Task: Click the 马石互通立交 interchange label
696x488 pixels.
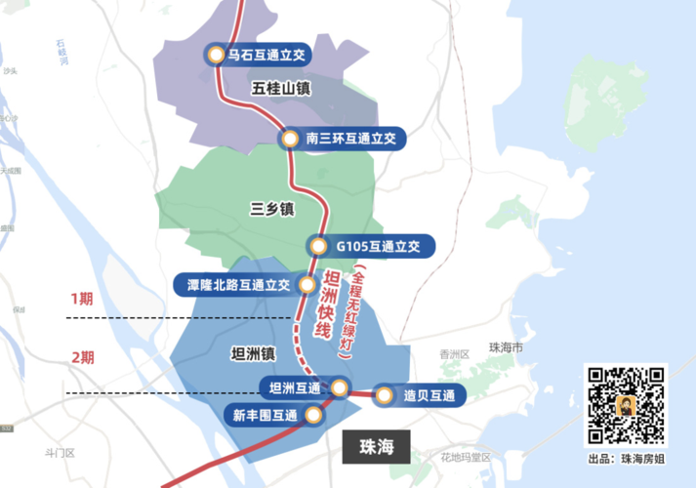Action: coord(267,56)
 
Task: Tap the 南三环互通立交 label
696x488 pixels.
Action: coord(349,140)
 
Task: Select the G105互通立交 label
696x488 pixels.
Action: coord(378,247)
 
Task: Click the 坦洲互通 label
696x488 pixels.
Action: coord(295,388)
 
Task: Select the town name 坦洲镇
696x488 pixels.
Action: coord(250,353)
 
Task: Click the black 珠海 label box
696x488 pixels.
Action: coord(376,448)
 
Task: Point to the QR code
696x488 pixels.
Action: coord(625,404)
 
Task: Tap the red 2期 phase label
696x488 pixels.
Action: coord(82,357)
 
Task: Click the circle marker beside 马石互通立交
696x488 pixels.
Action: coord(214,56)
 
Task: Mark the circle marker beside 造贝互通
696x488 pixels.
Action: coord(384,396)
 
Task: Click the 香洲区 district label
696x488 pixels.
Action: coord(455,354)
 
